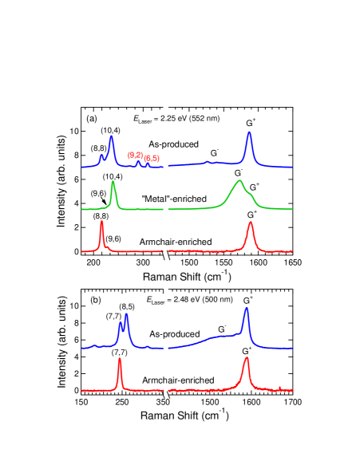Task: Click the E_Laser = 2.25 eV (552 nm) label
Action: [176, 119]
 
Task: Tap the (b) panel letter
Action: [95, 300]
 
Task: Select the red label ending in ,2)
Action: [135, 155]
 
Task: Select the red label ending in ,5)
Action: [152, 158]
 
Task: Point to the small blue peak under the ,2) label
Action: [138, 162]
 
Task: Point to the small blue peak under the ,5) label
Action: [148, 164]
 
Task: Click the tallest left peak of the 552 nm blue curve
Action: [111, 137]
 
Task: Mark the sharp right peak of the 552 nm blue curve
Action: [250, 133]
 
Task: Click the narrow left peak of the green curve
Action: [113, 183]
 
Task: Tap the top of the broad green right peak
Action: [239, 182]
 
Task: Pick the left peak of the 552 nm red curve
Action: [101, 222]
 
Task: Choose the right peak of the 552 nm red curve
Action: [251, 223]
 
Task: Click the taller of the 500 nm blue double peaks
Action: [126, 314]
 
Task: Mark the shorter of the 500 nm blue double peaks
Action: [120, 324]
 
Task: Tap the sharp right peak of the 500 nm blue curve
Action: [246, 309]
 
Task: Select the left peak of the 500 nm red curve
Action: [120, 360]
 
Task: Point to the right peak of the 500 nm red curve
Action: [246, 358]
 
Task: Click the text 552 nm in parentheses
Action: [204, 119]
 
